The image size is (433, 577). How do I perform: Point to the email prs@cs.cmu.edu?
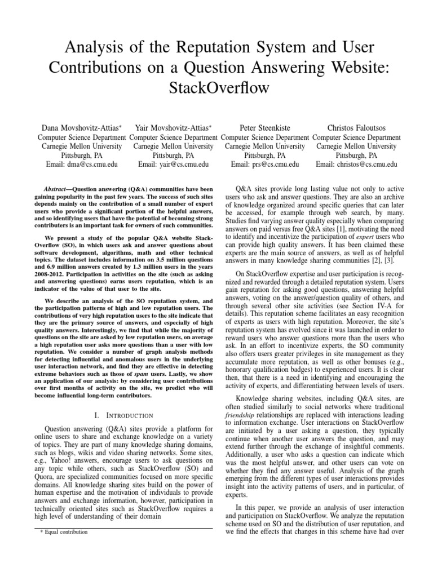pyautogui.click(x=264, y=165)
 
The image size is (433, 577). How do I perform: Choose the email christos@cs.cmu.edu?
pyautogui.click(x=356, y=165)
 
